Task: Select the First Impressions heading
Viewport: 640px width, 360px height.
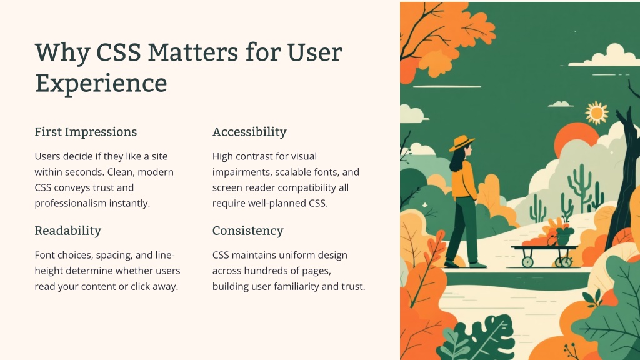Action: [x=86, y=132]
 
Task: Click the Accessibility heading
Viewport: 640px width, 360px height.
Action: [x=249, y=132]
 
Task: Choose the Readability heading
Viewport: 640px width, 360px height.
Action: [x=67, y=231]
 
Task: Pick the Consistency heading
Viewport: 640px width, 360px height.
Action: [x=247, y=231]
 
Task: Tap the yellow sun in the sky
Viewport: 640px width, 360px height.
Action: [x=596, y=112]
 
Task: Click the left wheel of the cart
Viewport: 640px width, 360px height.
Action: [x=527, y=261]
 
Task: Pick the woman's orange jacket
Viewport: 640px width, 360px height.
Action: [x=465, y=179]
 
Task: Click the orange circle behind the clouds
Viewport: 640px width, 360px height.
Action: [x=576, y=138]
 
